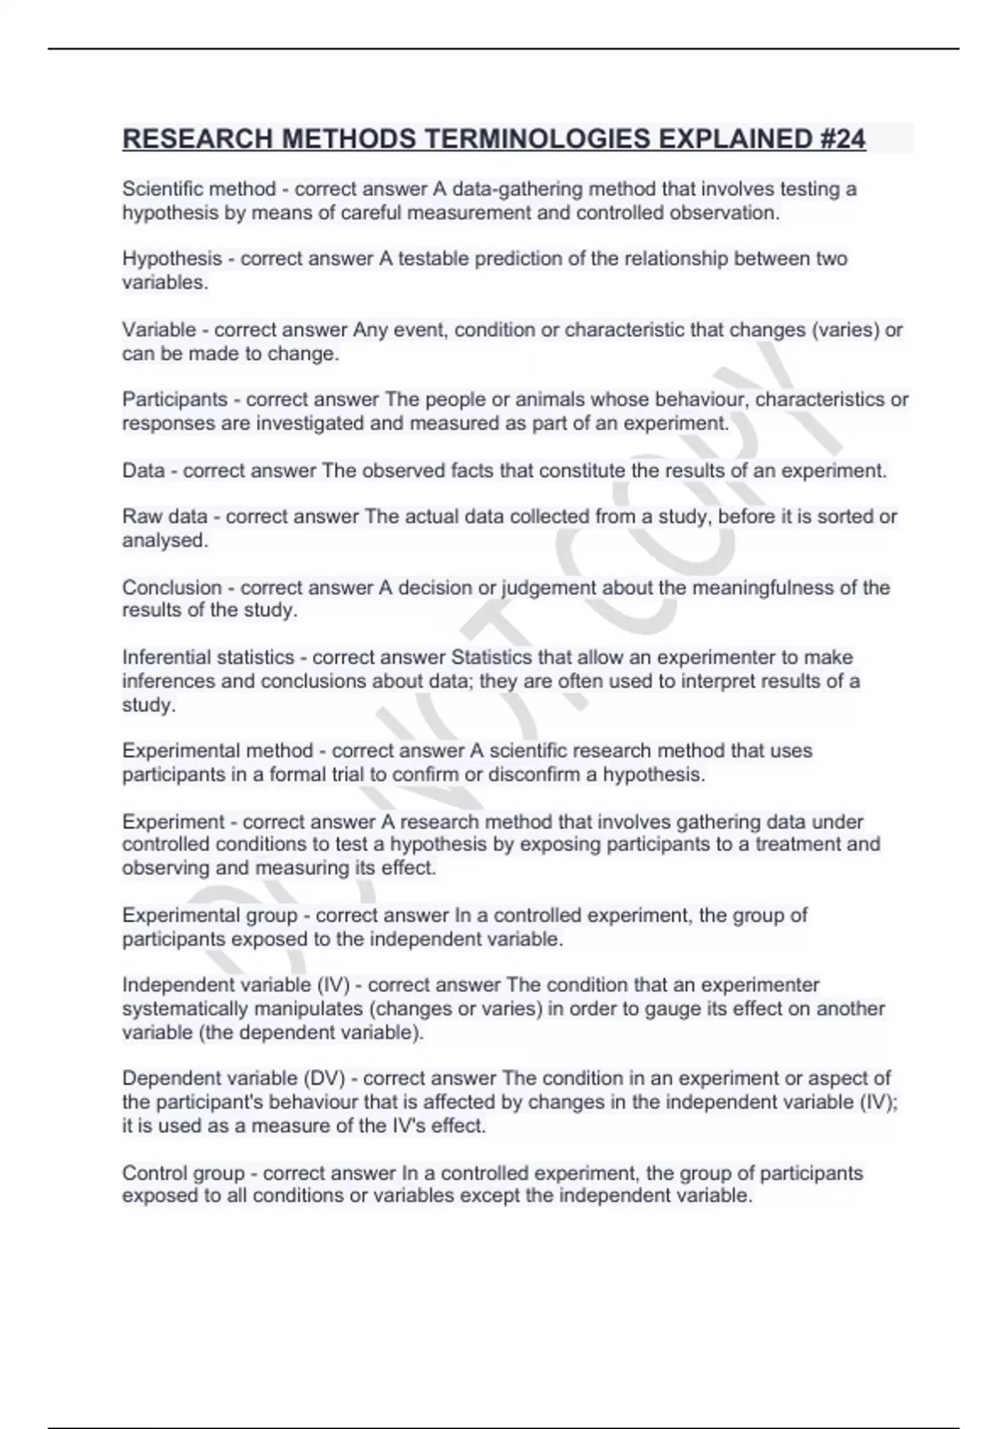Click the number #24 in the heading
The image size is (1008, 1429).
tap(840, 139)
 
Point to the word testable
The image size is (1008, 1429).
tap(433, 259)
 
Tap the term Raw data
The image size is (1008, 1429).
tap(165, 516)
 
